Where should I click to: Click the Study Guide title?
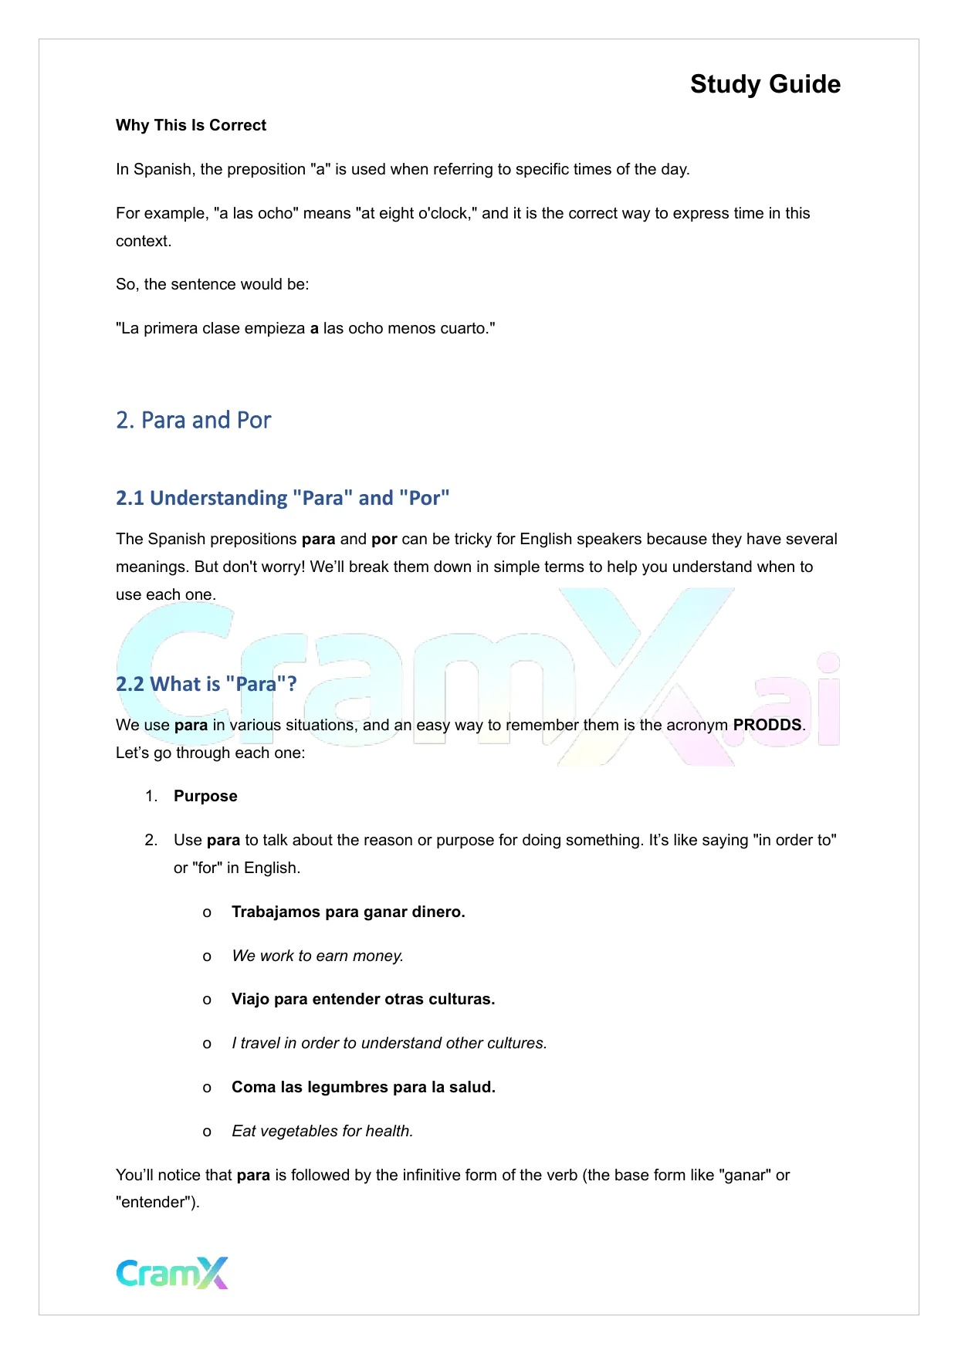point(764,84)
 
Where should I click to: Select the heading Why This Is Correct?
point(191,125)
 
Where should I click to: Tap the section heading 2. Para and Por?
point(193,420)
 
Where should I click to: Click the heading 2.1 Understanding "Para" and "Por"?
point(282,498)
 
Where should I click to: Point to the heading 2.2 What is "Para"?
point(205,684)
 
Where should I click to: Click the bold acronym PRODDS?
point(767,725)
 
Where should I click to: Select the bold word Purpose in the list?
point(205,796)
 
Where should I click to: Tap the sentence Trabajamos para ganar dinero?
point(348,912)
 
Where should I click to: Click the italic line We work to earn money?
point(317,956)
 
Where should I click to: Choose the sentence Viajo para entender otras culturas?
point(363,999)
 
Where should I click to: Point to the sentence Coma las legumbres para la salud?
point(363,1087)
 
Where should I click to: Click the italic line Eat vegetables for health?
point(322,1131)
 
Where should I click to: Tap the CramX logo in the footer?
point(172,1273)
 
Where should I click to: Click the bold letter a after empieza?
point(314,328)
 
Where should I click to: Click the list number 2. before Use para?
point(151,840)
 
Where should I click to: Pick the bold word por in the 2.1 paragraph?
point(384,539)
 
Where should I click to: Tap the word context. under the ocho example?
point(144,241)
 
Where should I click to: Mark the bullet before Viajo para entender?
point(207,1000)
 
